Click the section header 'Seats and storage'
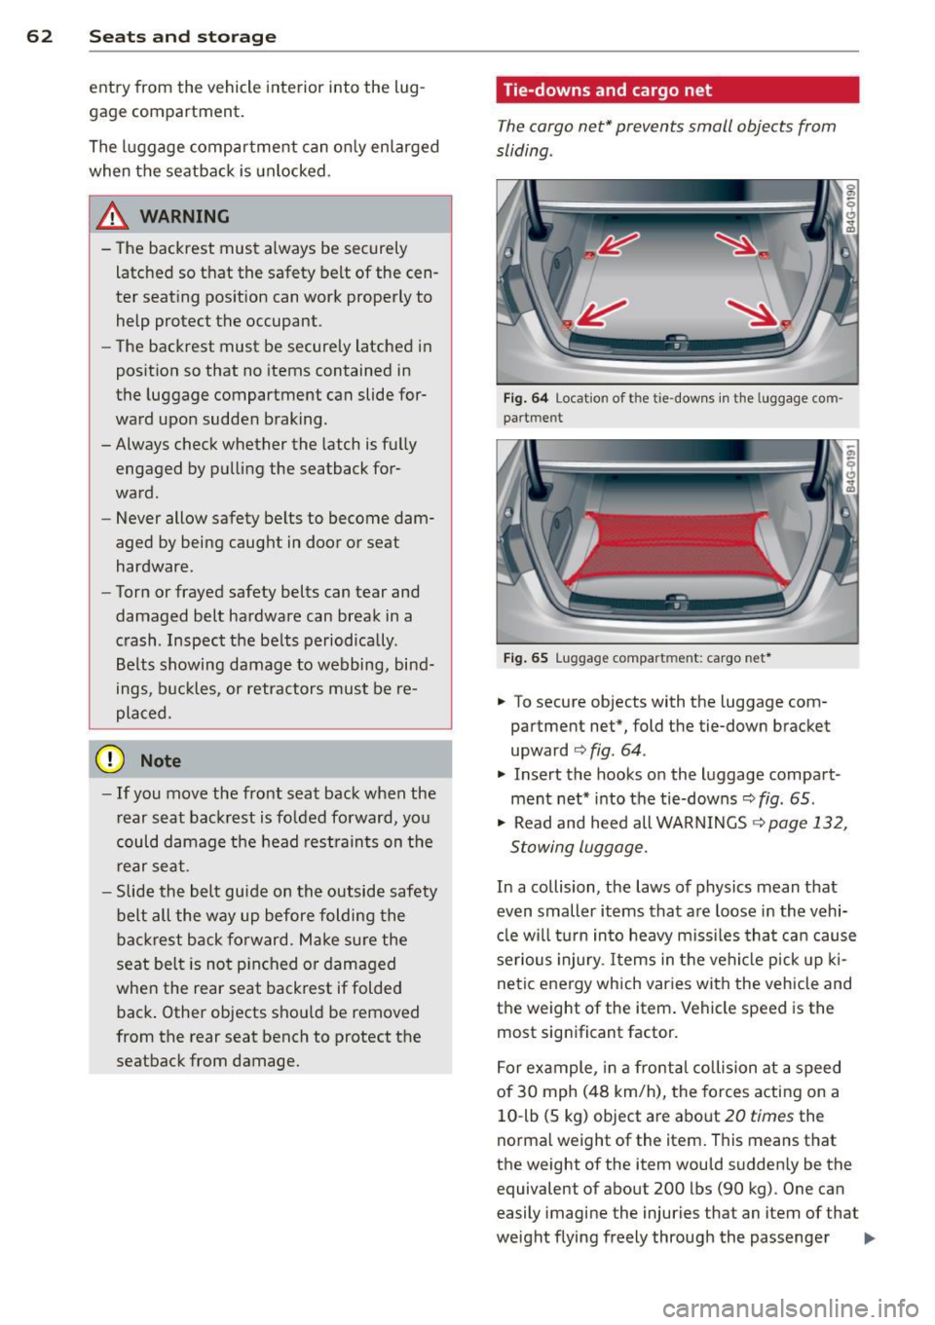[x=182, y=36]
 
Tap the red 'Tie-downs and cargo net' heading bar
[x=677, y=90]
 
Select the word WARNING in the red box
[x=185, y=216]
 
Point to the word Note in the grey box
[x=161, y=761]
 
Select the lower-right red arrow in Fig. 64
[x=756, y=313]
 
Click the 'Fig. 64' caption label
[x=526, y=398]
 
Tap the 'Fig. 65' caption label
[x=526, y=658]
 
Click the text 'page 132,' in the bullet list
[x=807, y=823]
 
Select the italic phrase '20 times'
[x=759, y=1116]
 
